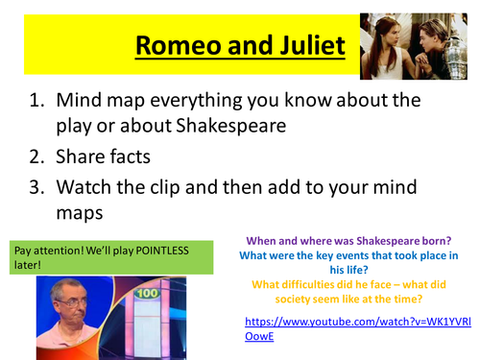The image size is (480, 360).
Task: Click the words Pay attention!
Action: click(49, 251)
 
